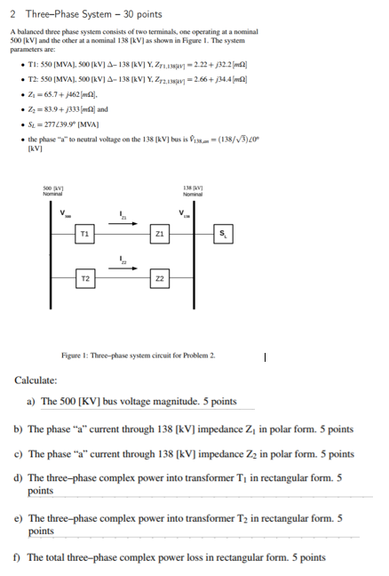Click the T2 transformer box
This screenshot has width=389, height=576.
point(84,277)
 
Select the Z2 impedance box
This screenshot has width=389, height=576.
point(159,277)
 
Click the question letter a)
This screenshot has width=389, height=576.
point(32,402)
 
